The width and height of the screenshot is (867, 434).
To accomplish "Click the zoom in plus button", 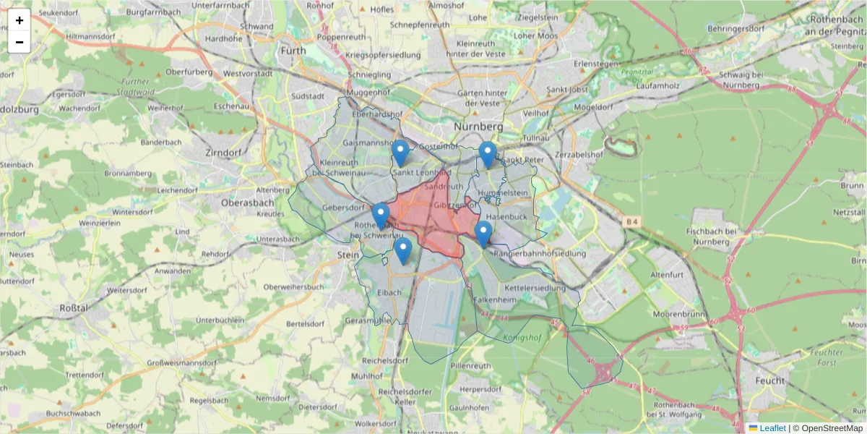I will pos(20,20).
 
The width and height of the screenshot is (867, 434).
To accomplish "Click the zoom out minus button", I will pos(20,42).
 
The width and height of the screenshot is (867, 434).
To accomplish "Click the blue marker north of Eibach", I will pos(403,250).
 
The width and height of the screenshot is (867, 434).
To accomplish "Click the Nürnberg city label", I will pos(478,127).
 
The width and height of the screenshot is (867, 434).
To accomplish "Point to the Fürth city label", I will pos(293,51).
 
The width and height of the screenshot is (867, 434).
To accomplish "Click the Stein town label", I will pos(348,255).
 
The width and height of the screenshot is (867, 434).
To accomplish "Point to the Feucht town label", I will pos(769,380).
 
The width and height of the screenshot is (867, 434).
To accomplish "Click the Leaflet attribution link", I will pos(772,428).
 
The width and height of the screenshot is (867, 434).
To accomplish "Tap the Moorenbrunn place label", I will pos(679,315).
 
